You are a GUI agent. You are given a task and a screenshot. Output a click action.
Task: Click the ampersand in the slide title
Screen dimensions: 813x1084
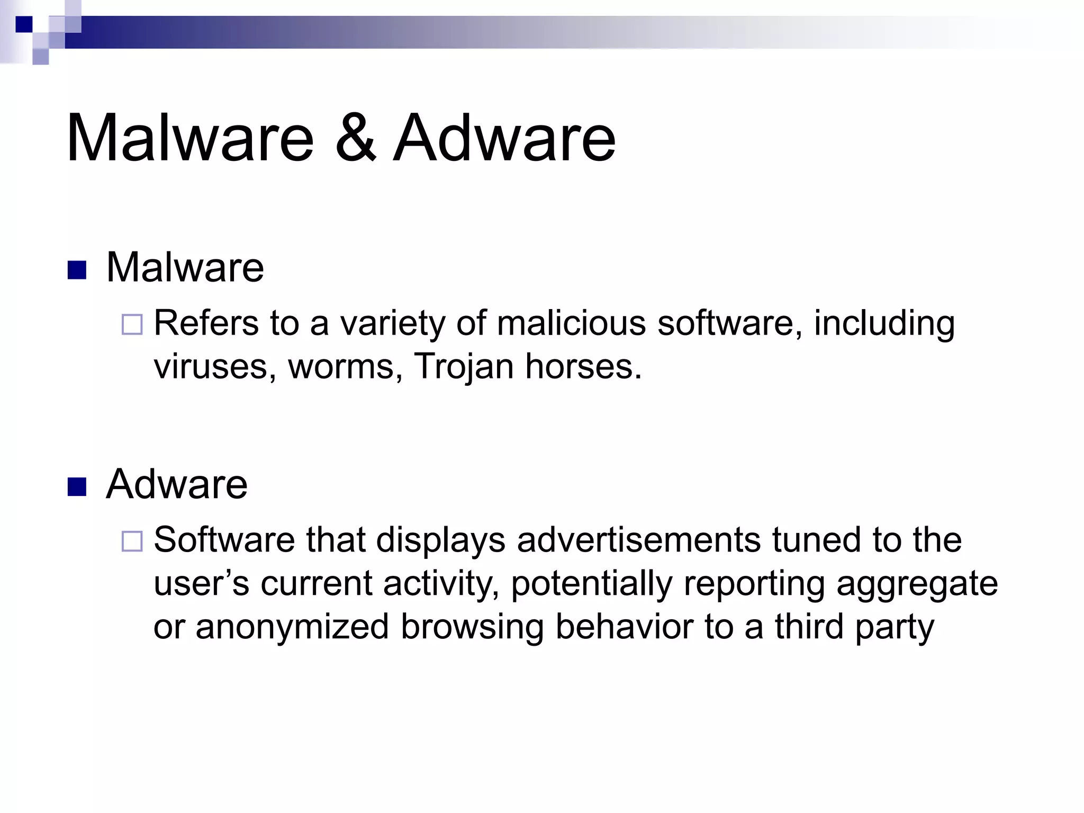[356, 139]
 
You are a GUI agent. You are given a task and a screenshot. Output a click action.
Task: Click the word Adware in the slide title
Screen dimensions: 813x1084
[504, 139]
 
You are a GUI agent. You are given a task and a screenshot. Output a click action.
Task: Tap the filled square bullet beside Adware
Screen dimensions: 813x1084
[77, 487]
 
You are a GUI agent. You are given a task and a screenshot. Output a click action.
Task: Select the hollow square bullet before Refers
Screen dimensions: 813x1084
[132, 324]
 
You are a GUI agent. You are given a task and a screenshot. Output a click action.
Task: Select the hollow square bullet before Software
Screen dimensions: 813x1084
[132, 541]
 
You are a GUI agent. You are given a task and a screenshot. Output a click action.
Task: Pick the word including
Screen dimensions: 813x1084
[884, 324]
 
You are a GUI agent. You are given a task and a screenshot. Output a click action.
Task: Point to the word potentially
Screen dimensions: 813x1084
[591, 584]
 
